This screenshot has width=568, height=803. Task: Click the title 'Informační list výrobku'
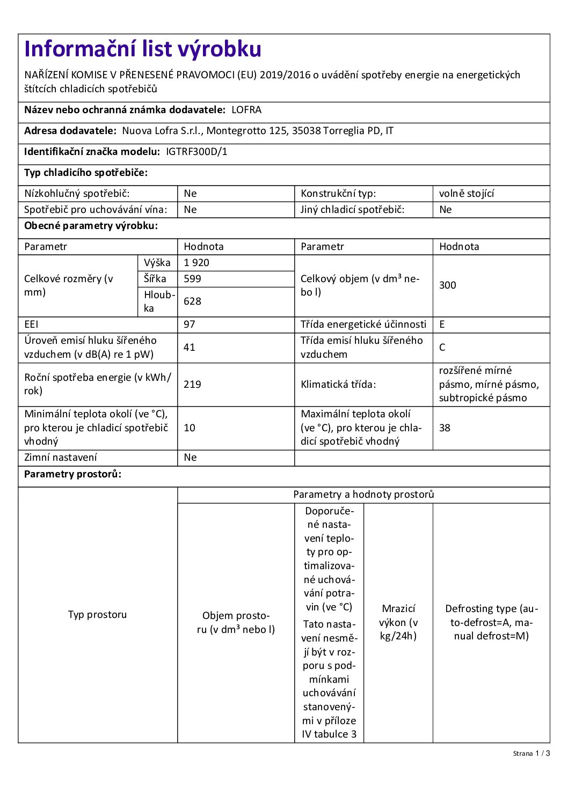pyautogui.click(x=143, y=49)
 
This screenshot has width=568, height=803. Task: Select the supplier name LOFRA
pyautogui.click(x=246, y=110)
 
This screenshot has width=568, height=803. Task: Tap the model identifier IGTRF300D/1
pyautogui.click(x=196, y=152)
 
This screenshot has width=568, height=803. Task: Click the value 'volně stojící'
pyautogui.click(x=466, y=194)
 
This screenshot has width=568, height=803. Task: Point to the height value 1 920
pyautogui.click(x=196, y=263)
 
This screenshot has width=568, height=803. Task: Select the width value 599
pyautogui.click(x=192, y=279)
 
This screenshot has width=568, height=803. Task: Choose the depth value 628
pyautogui.click(x=192, y=301)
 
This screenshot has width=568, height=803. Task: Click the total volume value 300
pyautogui.click(x=447, y=285)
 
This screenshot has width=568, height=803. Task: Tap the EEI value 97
pyautogui.click(x=190, y=325)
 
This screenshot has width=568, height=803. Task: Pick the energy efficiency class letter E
pyautogui.click(x=442, y=325)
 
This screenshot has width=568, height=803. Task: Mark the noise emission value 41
pyautogui.click(x=190, y=348)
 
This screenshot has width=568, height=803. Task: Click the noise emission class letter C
pyautogui.click(x=442, y=348)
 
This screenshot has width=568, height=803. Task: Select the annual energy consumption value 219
pyautogui.click(x=192, y=385)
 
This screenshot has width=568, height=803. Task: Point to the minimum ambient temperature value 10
pyautogui.click(x=190, y=428)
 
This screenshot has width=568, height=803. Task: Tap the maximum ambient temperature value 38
pyautogui.click(x=445, y=428)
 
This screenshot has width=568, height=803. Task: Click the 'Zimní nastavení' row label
pyautogui.click(x=61, y=458)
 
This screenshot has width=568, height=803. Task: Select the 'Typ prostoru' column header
pyautogui.click(x=97, y=615)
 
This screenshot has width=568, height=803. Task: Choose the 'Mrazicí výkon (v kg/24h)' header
pyautogui.click(x=398, y=622)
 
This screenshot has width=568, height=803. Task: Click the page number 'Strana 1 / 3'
pyautogui.click(x=531, y=754)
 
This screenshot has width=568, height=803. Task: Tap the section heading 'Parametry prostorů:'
pyautogui.click(x=72, y=474)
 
